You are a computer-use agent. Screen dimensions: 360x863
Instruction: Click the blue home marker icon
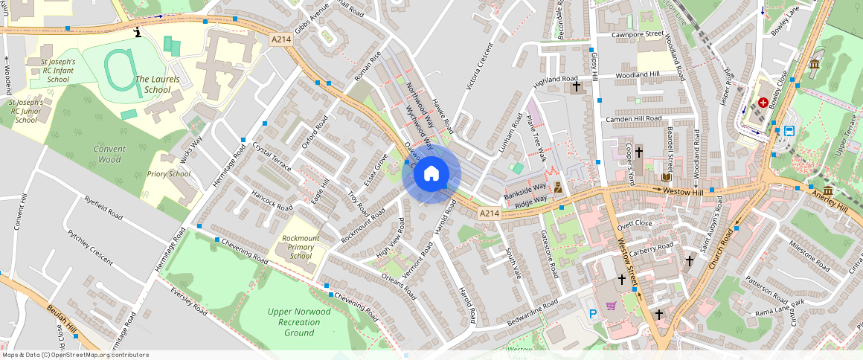click(x=431, y=174)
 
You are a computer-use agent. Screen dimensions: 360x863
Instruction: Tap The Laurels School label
click(x=153, y=84)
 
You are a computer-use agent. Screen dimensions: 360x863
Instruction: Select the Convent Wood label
click(x=109, y=154)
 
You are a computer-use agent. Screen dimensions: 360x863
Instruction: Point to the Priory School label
click(x=169, y=174)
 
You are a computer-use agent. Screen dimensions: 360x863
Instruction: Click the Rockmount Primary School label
click(x=301, y=247)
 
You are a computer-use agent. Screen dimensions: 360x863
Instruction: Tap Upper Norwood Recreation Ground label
click(x=299, y=322)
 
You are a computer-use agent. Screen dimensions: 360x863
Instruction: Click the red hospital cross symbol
click(x=763, y=102)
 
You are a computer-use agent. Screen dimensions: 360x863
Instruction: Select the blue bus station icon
click(x=789, y=131)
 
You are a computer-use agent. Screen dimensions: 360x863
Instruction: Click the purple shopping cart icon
click(x=612, y=306)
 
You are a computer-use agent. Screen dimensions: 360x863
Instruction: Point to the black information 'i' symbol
click(x=138, y=32)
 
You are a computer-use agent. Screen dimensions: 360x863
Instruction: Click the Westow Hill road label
click(x=683, y=190)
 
